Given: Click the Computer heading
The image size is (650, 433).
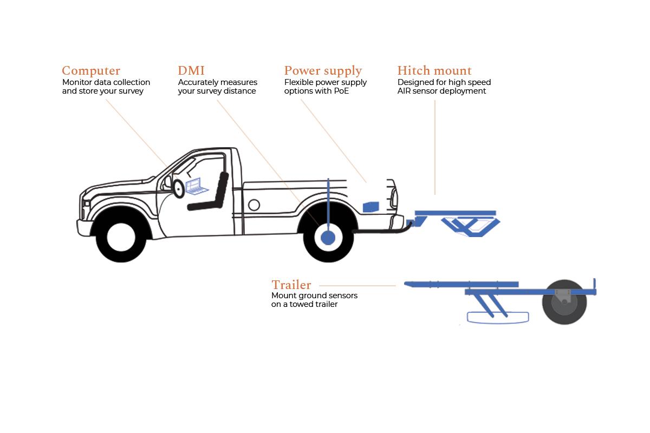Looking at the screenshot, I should coord(91,71).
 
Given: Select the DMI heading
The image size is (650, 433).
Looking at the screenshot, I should coord(191,71).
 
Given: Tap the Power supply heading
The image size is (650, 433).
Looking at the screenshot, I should coord(323,71).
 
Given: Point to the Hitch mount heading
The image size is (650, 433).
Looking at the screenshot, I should coord(434,71).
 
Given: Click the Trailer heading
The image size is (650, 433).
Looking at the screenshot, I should coord(291,285).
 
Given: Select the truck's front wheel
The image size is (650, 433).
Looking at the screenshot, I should coord(121,237).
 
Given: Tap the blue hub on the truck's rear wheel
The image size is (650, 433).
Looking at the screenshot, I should coord(328,238).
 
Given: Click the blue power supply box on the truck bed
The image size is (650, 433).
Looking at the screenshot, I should coord(371,206).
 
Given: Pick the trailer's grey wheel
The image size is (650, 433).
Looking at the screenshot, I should coord(564,302).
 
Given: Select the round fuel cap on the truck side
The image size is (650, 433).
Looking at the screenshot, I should coord(253,205).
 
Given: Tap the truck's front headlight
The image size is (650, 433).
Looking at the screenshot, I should coord(86,204).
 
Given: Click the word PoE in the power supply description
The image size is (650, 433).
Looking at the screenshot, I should coord(342,91).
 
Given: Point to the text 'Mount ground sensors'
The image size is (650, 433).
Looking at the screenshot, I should coord(314,296).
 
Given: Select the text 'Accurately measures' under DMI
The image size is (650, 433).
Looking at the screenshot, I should coord(218,82).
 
